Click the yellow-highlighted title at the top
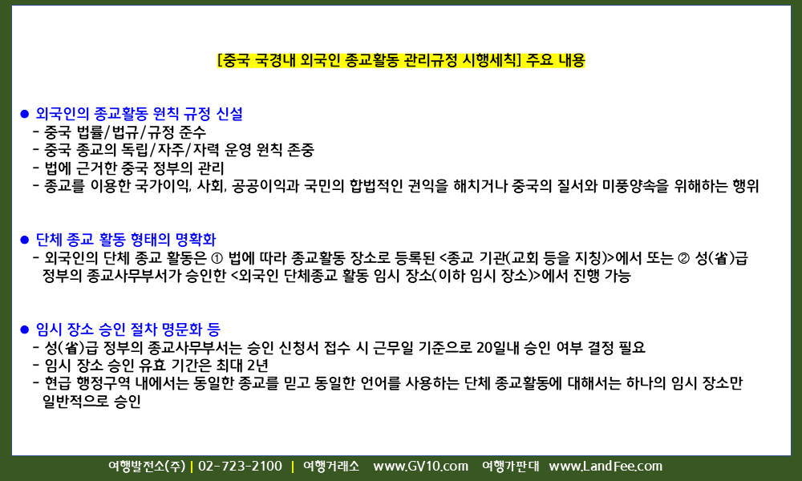click(401, 60)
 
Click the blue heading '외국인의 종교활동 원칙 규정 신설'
click(139, 114)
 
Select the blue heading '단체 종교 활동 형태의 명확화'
click(126, 239)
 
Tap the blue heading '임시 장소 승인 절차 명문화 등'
click(128, 329)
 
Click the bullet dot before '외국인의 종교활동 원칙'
click(25, 114)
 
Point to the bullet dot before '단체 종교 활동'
click(25, 240)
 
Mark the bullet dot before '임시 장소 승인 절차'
click(25, 329)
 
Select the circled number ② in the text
click(684, 258)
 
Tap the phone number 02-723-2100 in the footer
click(240, 467)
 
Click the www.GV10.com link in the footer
click(420, 467)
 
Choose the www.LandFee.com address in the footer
click(606, 467)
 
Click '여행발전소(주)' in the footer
click(147, 467)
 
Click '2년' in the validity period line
click(257, 366)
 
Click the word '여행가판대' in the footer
click(510, 467)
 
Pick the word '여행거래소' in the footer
click(331, 467)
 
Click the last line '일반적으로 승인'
click(91, 402)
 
